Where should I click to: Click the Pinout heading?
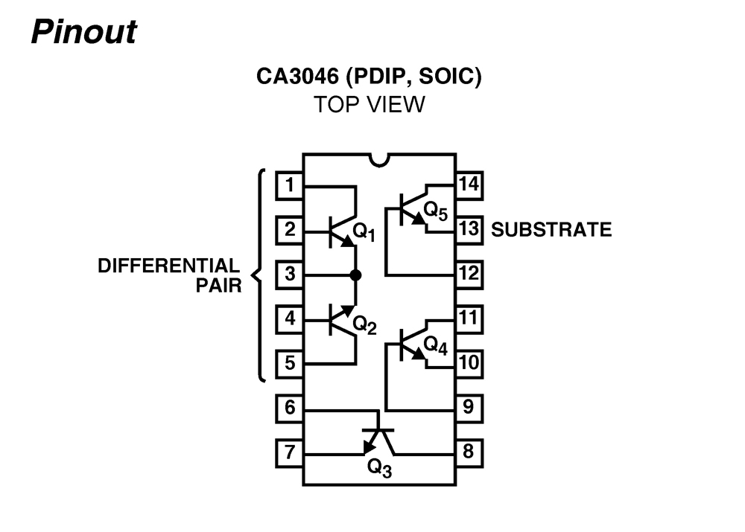84,31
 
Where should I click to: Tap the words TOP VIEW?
369,104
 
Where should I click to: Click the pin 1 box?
289,185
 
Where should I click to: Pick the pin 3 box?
289,275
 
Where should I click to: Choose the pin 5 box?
289,364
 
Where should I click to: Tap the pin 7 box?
289,452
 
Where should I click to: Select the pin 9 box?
469,408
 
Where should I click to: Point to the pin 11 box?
469,318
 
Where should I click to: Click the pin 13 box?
469,229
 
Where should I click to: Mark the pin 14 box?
469,185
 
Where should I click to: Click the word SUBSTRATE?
551,230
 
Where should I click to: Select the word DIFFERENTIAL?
169,266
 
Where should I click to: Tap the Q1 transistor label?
364,233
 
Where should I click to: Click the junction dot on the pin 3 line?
355,275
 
